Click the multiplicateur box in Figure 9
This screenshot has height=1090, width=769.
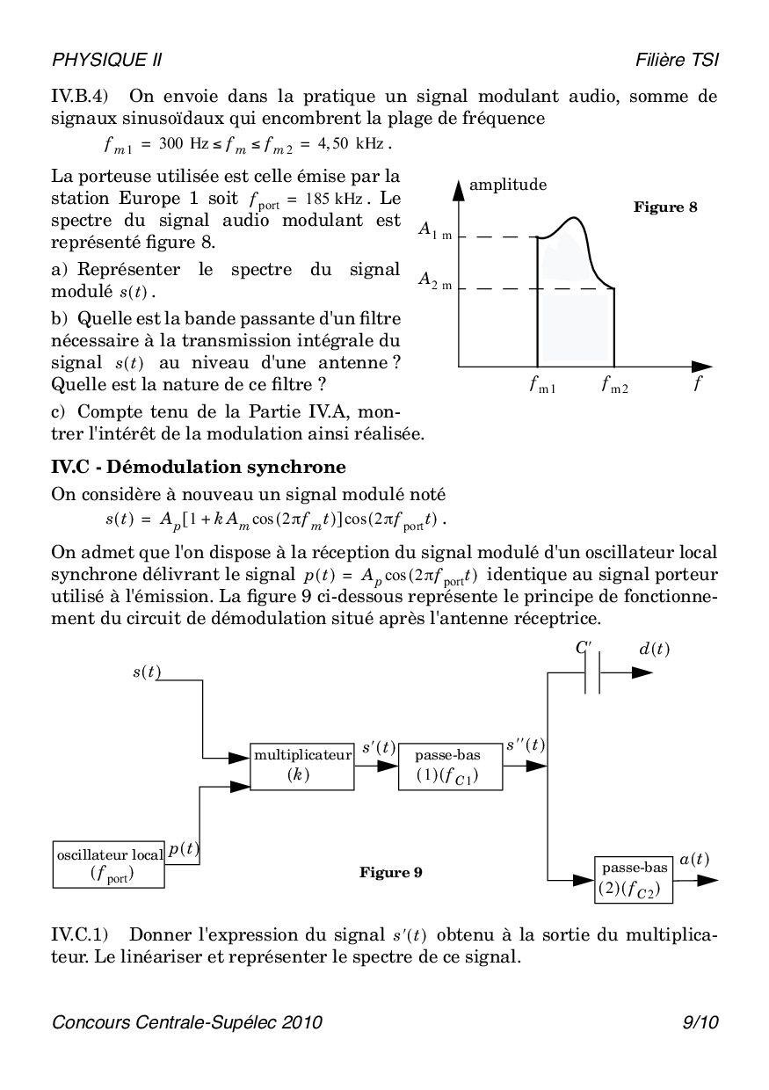[301, 765]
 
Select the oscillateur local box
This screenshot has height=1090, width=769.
[109, 863]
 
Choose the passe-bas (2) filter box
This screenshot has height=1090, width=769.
[633, 878]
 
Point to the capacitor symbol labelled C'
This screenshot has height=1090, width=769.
[592, 673]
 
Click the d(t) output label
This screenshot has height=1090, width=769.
[654, 649]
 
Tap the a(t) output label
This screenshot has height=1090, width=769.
[694, 859]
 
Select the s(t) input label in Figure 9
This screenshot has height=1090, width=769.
[146, 672]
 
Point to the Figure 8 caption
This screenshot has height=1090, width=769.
[665, 207]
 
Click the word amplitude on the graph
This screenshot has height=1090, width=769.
[508, 185]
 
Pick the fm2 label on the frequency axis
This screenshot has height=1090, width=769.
[615, 385]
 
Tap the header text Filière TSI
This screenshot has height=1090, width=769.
[678, 60]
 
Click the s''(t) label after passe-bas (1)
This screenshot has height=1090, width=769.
[526, 745]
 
